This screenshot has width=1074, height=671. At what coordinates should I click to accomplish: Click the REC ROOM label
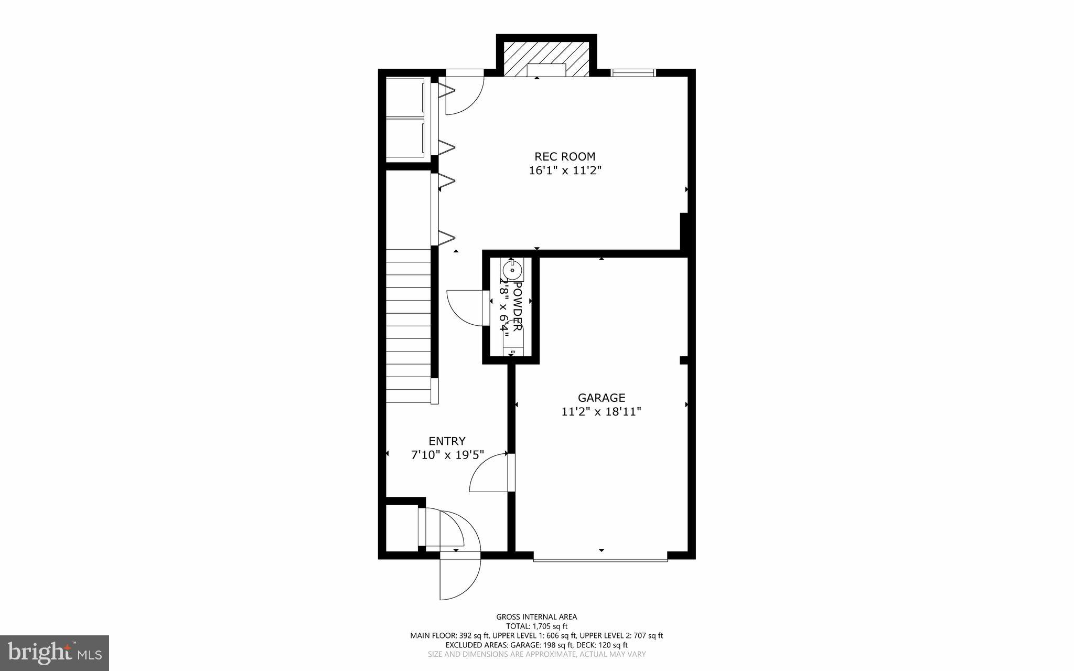point(564,156)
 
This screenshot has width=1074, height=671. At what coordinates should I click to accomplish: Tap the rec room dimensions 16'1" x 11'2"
point(564,171)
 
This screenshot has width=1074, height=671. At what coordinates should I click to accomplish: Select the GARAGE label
point(602,398)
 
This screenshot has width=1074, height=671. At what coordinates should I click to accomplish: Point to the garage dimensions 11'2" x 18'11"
point(602,412)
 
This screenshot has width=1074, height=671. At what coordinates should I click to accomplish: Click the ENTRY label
point(447,441)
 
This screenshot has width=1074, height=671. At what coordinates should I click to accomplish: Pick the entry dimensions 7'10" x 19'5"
point(447,455)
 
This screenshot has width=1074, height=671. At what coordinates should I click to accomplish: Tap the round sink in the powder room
point(511,271)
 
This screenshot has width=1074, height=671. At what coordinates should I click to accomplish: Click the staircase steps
point(408,325)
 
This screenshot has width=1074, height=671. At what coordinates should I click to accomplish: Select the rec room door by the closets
point(464,94)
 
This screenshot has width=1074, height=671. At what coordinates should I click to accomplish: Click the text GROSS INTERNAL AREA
point(536,617)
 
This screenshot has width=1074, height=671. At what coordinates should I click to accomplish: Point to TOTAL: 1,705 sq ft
point(536,626)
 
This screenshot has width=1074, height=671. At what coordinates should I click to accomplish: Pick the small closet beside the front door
point(401,527)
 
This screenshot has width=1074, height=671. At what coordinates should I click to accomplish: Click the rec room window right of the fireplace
point(633,73)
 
